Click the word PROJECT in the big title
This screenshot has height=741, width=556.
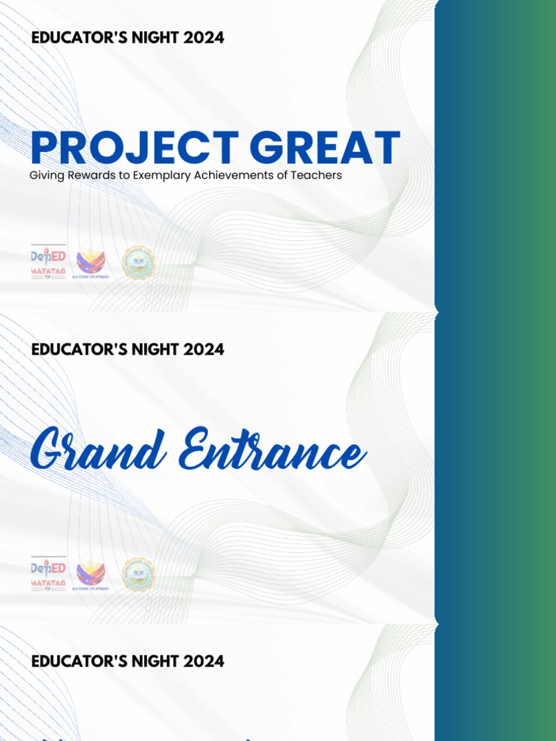pyautogui.click(x=135, y=148)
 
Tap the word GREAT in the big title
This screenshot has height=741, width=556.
pyautogui.click(x=326, y=148)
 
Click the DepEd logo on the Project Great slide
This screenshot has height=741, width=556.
pyautogui.click(x=49, y=257)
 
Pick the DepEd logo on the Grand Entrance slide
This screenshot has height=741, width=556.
pyautogui.click(x=49, y=568)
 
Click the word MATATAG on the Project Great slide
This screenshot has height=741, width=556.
pyautogui.click(x=49, y=273)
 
